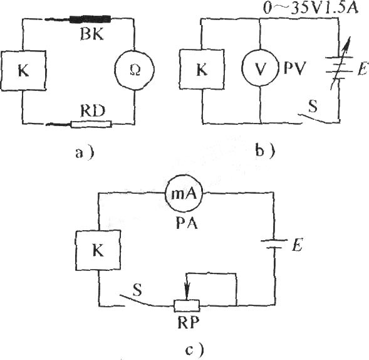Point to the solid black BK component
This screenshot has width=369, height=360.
(90, 19)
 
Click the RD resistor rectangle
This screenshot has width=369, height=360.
(91, 124)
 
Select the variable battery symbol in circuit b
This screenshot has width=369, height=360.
(340, 64)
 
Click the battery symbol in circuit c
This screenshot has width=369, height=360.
(274, 244)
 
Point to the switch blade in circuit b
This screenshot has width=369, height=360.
(313, 119)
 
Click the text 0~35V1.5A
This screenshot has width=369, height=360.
(311, 8)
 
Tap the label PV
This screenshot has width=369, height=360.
(294, 68)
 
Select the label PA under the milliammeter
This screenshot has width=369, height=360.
(187, 223)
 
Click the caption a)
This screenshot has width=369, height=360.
(85, 152)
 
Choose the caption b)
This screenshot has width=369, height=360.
(265, 151)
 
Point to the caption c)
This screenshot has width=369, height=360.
(195, 349)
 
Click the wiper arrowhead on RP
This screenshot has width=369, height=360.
(187, 295)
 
